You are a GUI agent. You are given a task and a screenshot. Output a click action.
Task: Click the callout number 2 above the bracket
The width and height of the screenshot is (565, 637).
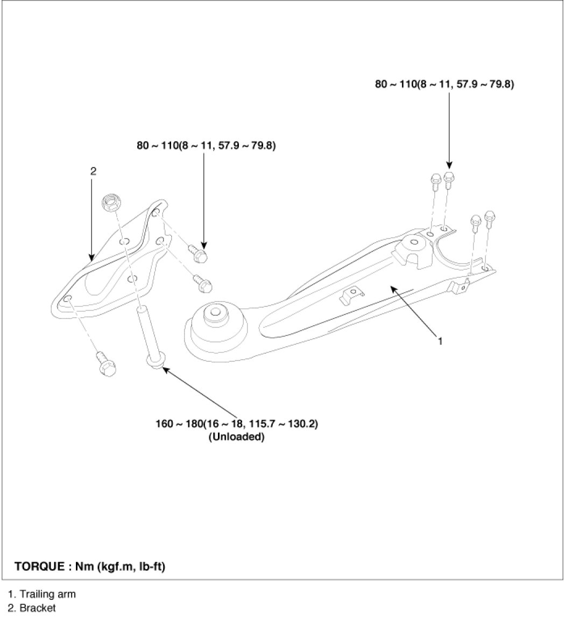coord(93,171)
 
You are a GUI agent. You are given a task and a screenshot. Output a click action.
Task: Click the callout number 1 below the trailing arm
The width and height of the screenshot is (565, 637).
coord(440,341)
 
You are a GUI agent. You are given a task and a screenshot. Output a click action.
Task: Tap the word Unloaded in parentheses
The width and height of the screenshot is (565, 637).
coord(237,437)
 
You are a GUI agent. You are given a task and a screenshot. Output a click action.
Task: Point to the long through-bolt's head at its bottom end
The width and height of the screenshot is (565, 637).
coord(154,363)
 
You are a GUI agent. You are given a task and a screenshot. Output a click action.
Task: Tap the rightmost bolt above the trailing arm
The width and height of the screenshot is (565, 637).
coord(490,218)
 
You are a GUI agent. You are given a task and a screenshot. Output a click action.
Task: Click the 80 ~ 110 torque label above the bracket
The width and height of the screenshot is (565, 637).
coord(206,145)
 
